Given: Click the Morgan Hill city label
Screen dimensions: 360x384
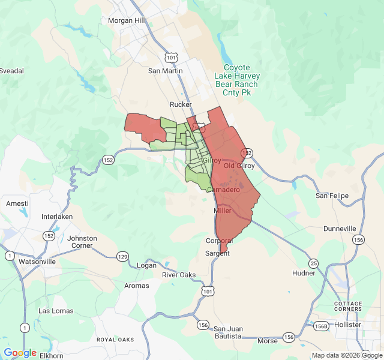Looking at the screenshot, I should pyautogui.click(x=127, y=20).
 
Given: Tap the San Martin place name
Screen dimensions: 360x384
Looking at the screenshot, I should pyautogui.click(x=165, y=71).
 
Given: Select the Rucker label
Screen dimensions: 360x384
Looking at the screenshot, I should pyautogui.click(x=181, y=104).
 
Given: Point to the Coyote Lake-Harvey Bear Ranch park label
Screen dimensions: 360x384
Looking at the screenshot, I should pyautogui.click(x=236, y=76).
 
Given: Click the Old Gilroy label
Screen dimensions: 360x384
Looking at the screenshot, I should pyautogui.click(x=239, y=166).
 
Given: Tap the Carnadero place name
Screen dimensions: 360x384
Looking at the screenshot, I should pyautogui.click(x=223, y=190).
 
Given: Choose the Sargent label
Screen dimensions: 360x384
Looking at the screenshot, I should pyautogui.click(x=217, y=253).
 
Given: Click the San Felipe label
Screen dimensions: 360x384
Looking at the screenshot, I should pyautogui.click(x=332, y=196).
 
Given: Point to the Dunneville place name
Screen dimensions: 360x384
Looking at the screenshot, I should pyautogui.click(x=340, y=229).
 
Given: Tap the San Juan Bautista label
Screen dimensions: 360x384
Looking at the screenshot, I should pyautogui.click(x=229, y=332).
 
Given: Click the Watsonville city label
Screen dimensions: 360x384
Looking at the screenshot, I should pyautogui.click(x=37, y=262).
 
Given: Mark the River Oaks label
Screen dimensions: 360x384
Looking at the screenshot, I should pyautogui.click(x=179, y=275).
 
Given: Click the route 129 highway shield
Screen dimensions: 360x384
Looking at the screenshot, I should pyautogui.click(x=122, y=256).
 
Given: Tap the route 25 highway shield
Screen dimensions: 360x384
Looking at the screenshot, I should pyautogui.click(x=313, y=263).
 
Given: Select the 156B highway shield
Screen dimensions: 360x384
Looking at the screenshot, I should pyautogui.click(x=320, y=326).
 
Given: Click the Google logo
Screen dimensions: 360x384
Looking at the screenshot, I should pyautogui.click(x=20, y=353).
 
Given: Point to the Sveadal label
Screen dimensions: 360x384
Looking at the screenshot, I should pyautogui.click(x=12, y=71).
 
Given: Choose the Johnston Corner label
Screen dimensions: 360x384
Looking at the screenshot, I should pyautogui.click(x=82, y=242).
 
